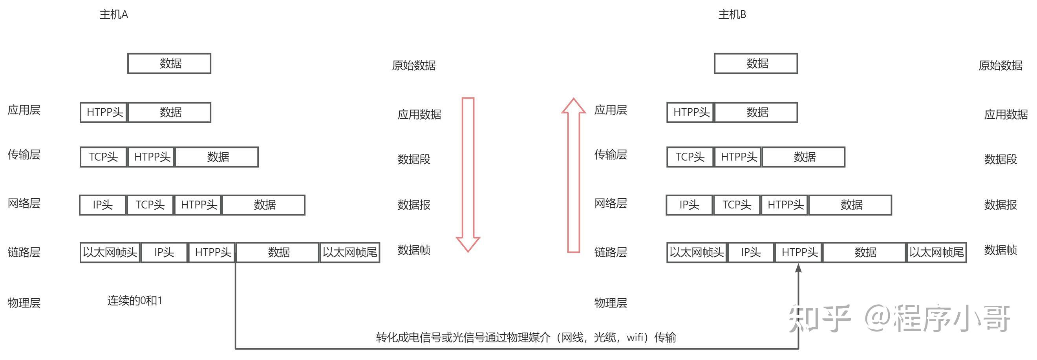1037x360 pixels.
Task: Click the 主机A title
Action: (113, 15)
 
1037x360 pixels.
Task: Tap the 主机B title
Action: (732, 15)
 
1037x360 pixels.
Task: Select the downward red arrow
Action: (468, 173)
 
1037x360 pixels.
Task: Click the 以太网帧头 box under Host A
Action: (110, 252)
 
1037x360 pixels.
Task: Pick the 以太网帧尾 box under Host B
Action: (936, 252)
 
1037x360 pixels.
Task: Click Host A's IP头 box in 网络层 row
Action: (102, 205)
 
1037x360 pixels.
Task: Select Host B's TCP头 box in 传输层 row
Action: (690, 157)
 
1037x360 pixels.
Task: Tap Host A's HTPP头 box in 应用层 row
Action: (104, 112)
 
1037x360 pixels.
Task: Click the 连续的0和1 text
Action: (135, 301)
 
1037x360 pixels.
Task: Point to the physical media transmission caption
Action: (526, 337)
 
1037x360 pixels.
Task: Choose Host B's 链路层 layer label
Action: (610, 252)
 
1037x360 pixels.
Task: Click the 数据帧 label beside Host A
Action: (414, 250)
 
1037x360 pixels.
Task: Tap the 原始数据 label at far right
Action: (1000, 65)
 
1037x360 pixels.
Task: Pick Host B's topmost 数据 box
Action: (755, 64)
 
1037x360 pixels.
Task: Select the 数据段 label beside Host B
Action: (1000, 159)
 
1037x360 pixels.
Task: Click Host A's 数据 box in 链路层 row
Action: (278, 252)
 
